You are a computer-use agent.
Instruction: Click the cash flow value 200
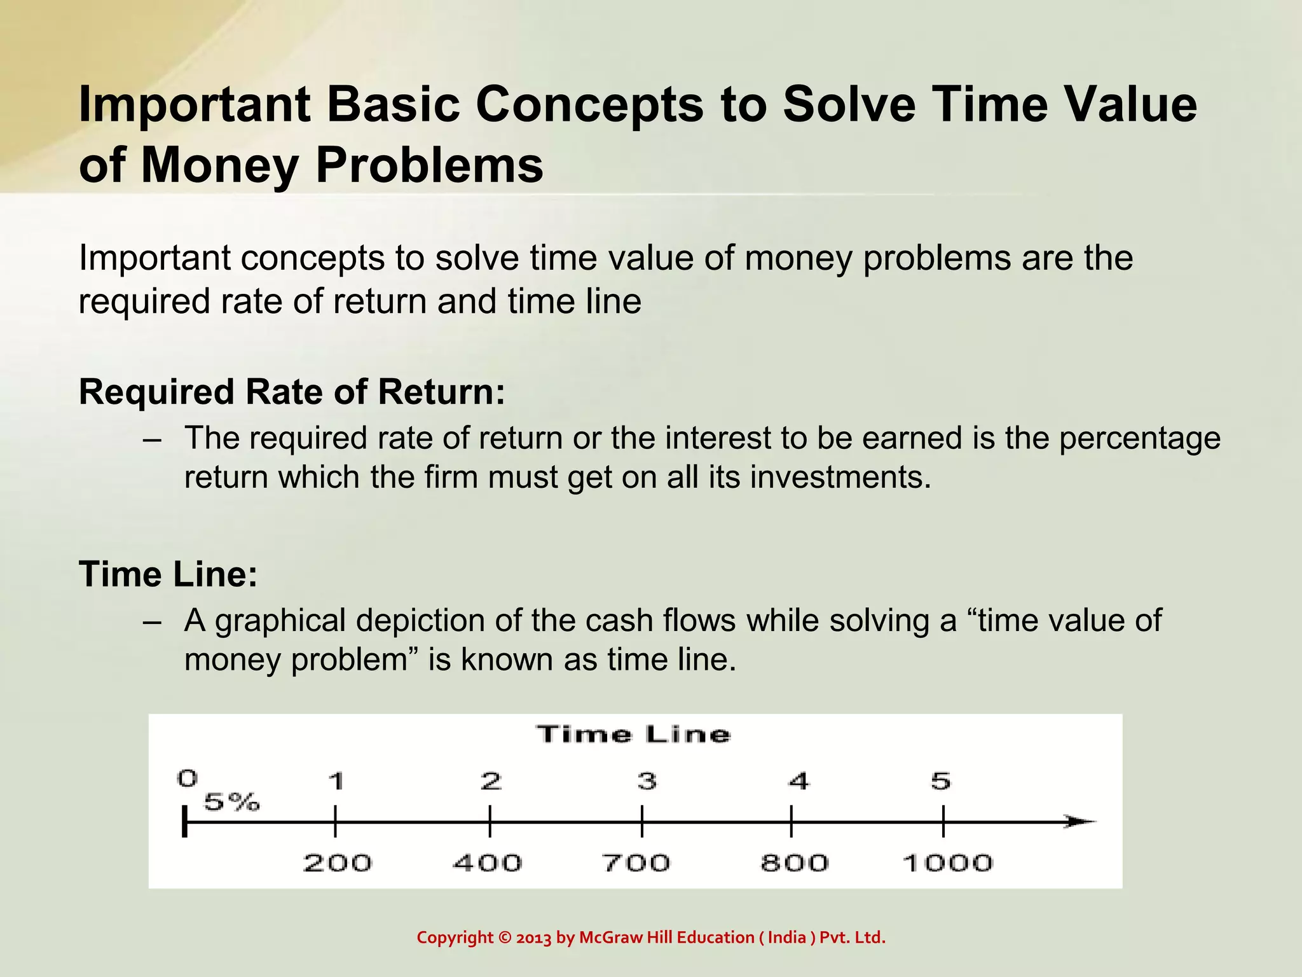(337, 863)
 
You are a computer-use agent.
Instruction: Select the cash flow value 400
(487, 863)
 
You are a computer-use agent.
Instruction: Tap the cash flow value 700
(636, 863)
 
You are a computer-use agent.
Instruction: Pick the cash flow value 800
(795, 863)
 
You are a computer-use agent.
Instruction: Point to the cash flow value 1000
(947, 863)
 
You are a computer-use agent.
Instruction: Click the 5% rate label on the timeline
(231, 802)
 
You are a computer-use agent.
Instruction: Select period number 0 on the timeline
(188, 778)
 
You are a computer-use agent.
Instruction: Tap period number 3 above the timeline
(647, 780)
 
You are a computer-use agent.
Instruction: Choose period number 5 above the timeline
(941, 780)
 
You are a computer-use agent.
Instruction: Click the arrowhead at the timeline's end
(1081, 821)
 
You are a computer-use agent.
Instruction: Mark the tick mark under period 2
(490, 821)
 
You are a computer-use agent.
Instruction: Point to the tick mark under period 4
(791, 821)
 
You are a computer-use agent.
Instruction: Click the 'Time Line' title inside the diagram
(634, 735)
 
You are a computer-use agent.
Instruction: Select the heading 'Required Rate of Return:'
(292, 391)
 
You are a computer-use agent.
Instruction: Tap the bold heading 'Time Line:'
(168, 574)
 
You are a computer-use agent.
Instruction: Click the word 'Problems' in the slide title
(429, 165)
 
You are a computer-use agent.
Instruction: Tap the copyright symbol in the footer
(505, 938)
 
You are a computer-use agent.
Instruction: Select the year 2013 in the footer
(533, 938)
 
